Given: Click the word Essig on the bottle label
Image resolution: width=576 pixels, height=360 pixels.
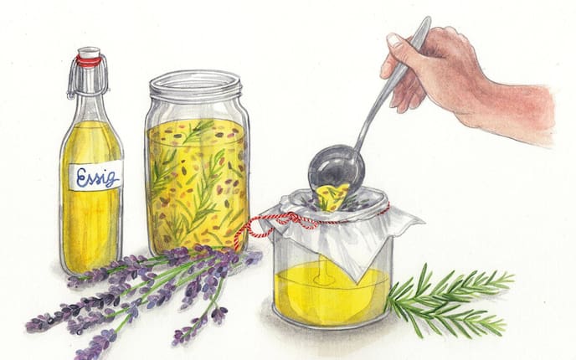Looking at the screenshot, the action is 97,177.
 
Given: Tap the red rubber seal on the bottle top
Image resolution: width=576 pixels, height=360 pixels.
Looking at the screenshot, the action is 89,61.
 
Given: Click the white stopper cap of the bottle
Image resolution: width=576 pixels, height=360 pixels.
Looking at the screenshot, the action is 89,52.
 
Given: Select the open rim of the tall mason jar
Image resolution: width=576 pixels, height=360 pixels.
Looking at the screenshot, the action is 195,85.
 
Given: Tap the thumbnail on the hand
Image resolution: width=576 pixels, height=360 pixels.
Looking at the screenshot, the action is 394,39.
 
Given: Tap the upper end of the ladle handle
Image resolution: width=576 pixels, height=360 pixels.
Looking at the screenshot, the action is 426,21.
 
